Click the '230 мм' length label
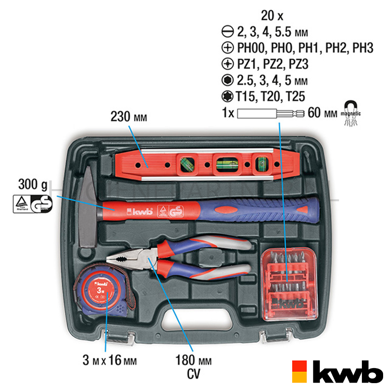(128, 117)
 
